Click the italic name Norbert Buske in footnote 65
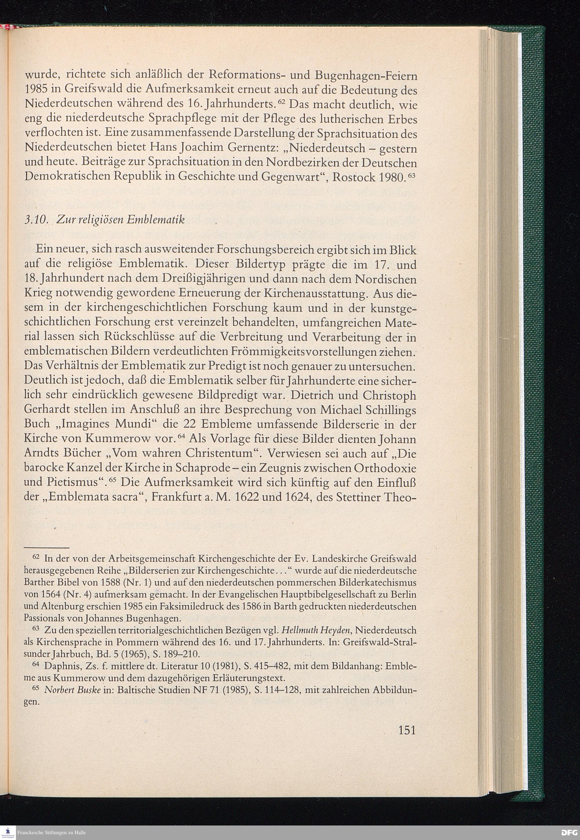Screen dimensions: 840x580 click(x=72, y=690)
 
